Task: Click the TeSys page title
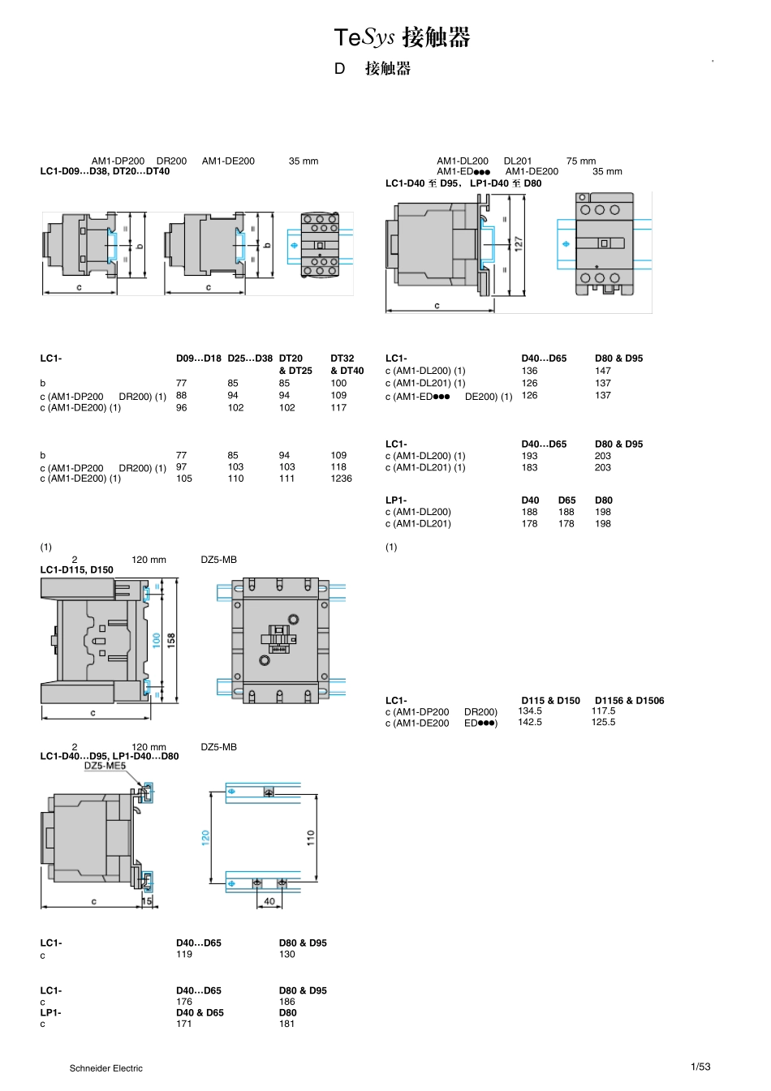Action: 402,37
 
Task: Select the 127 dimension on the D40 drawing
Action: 518,244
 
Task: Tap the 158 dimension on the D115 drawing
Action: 171,640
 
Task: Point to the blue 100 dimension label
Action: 157,640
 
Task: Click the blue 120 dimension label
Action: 205,838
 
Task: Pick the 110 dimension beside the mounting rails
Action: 311,838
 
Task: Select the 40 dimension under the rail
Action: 269,901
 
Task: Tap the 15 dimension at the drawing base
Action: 147,901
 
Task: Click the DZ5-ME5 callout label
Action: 105,765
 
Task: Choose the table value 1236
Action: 341,479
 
